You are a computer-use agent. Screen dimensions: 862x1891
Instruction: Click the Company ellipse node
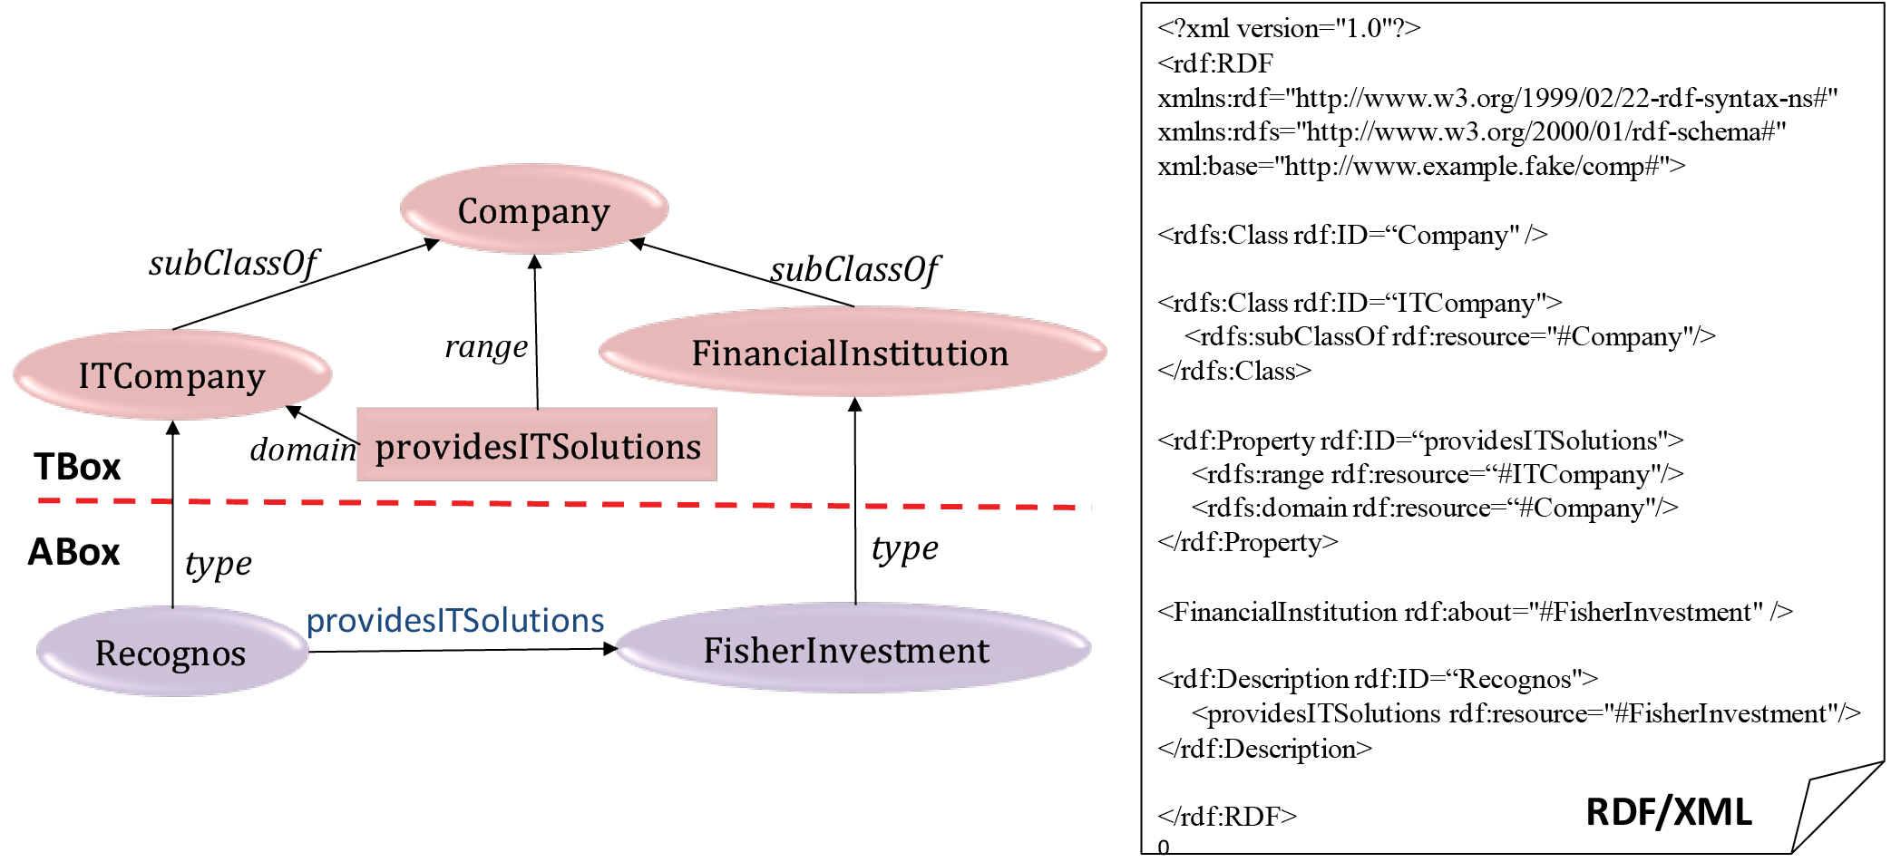tap(534, 209)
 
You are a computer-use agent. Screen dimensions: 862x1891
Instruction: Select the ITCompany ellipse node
tap(172, 374)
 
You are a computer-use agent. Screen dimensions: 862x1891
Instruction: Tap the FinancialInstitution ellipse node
tap(852, 352)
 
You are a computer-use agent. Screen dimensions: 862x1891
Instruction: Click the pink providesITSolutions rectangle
tap(537, 445)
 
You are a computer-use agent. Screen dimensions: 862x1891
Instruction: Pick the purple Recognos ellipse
tap(171, 652)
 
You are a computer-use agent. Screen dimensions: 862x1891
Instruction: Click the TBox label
tap(77, 467)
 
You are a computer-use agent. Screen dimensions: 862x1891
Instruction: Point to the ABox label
tap(73, 552)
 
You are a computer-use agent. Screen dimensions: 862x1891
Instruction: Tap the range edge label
tap(486, 347)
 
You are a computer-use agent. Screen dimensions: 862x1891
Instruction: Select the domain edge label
tap(303, 449)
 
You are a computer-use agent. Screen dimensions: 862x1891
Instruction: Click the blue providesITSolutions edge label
tap(455, 621)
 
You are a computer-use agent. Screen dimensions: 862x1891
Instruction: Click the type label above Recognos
tap(219, 564)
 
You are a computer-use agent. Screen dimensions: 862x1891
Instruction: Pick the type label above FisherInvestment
tap(904, 548)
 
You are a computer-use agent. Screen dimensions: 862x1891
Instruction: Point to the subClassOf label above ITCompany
tap(233, 264)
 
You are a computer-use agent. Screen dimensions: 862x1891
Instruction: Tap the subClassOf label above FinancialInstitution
tap(854, 269)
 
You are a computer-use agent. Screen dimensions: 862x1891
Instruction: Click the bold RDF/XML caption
tap(1669, 812)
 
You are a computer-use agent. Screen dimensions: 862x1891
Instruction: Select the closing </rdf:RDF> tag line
tap(1227, 817)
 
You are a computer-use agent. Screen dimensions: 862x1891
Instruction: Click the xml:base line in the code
tap(1421, 167)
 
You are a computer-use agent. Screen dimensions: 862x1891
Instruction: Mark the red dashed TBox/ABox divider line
tap(562, 503)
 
